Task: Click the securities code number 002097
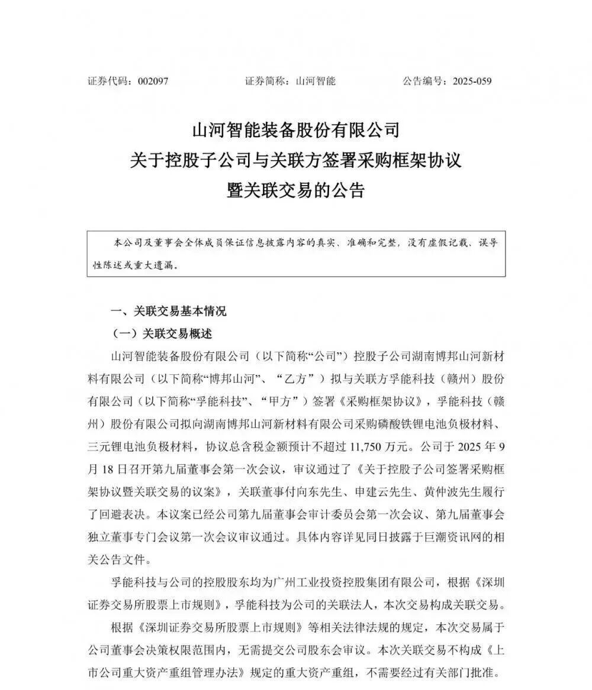153,81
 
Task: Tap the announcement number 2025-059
472,81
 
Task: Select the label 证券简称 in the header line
266,81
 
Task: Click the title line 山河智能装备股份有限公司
296,129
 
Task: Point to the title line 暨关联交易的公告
296,190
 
